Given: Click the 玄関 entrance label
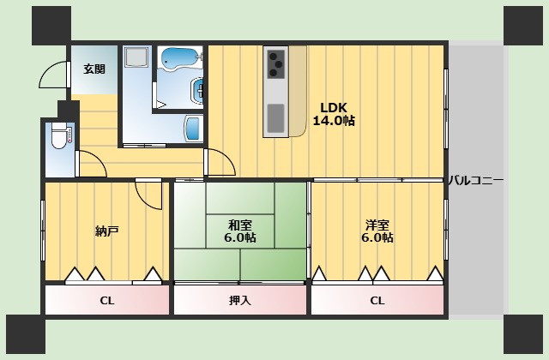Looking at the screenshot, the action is pos(94,69).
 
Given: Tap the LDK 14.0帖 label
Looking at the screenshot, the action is pos(334,114).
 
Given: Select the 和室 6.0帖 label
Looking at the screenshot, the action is pos(240,231).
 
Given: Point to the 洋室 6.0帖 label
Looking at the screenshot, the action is pos(377,231).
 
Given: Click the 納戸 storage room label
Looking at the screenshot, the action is pos(106,231).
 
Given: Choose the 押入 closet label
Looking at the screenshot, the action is pos(240,300).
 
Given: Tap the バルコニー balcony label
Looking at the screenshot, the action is pos(476,181).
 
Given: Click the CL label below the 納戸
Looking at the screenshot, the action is pos(107,301).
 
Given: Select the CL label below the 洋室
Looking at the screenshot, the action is pos(377,301).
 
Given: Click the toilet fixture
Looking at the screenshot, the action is pos(59,135).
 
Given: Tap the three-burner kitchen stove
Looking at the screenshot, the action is pos(276,64).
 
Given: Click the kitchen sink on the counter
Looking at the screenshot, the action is pos(276,118).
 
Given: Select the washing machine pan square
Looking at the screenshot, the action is pos(136,57).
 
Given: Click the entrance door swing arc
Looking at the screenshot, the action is pos(48,70).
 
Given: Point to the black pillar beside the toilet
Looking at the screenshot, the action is pos(69,110).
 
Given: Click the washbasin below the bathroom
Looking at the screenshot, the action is pos(192,129).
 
